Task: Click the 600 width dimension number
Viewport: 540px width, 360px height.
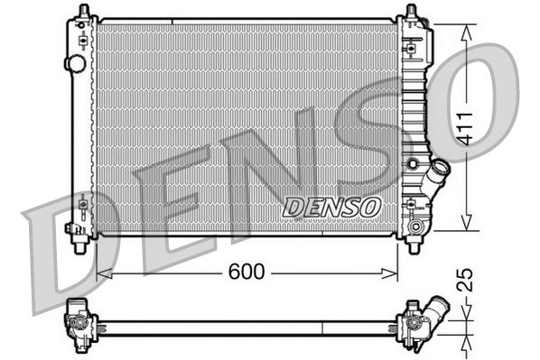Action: [x=246, y=272]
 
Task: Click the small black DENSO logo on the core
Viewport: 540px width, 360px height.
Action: [x=331, y=206]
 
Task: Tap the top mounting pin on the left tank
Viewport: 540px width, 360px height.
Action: [x=83, y=11]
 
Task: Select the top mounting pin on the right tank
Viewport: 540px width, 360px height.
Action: [x=412, y=12]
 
